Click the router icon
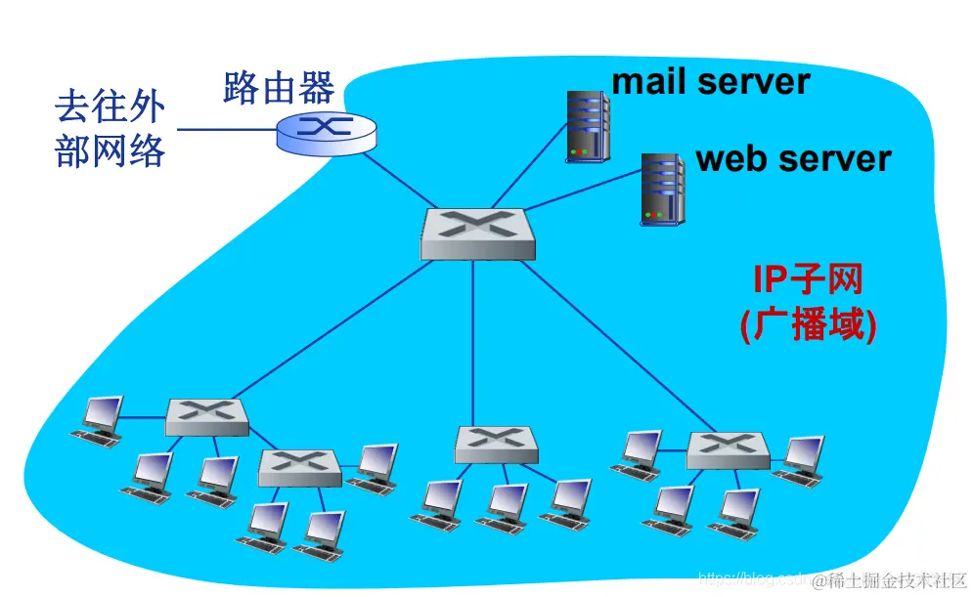point(324,131)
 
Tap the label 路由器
point(279,87)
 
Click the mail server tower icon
point(587,126)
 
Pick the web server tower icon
point(662,190)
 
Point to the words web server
point(793,158)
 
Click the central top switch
point(478,234)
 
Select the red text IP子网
point(808,280)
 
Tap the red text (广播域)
point(808,324)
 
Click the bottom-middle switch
point(496,444)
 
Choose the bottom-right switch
point(728,448)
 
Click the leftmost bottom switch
point(206,416)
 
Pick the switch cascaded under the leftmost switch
point(300,467)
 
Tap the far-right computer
point(800,460)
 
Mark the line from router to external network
point(225,130)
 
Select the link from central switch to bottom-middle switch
point(474,342)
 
